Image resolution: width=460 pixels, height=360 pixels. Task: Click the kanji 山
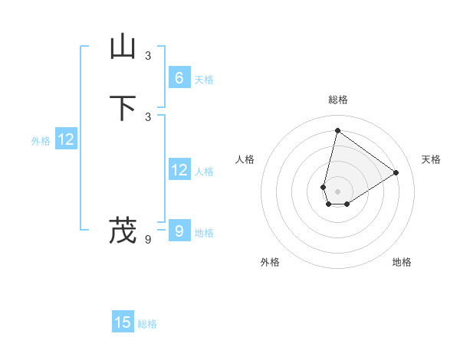123,47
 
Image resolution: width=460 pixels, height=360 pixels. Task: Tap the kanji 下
123,107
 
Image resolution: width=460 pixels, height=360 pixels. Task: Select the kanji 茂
123,230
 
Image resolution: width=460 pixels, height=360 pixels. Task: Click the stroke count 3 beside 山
148,55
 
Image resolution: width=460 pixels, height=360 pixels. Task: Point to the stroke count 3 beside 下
148,116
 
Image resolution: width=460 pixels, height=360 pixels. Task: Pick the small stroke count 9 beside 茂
148,239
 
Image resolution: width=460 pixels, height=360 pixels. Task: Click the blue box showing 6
179,77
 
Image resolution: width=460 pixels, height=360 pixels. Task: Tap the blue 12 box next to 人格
179,170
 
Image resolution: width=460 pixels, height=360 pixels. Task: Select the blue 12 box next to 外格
66,139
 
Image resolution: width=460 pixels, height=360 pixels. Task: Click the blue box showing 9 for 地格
179,231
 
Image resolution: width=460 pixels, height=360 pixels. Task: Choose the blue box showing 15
123,322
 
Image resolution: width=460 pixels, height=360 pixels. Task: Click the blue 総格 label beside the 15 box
147,324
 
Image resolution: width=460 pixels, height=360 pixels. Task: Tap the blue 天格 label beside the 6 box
204,80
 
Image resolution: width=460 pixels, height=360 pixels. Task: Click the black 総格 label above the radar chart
338,100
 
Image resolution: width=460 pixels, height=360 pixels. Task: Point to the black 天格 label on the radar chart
432,159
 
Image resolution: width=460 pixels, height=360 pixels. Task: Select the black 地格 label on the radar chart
402,262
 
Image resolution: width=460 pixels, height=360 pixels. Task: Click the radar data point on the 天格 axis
396,172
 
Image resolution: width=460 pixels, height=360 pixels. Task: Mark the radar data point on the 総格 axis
337,130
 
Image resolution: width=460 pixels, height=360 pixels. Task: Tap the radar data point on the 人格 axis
324,187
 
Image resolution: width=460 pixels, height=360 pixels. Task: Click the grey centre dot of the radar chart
337,191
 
